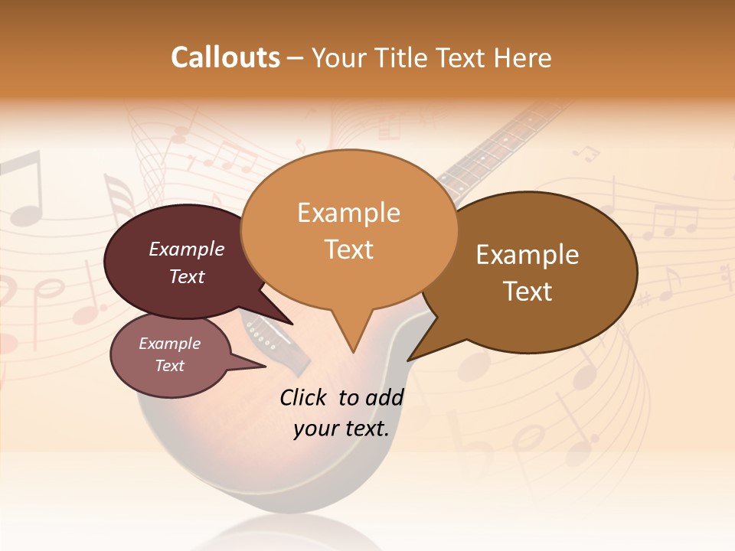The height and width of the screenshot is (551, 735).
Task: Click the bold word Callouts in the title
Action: pos(225,57)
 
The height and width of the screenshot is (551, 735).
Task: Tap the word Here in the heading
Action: pos(522,57)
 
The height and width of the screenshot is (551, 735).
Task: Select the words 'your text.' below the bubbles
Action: pos(341,429)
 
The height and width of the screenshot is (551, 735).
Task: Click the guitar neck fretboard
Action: pos(490,161)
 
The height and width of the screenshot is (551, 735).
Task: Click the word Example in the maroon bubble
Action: pos(186,249)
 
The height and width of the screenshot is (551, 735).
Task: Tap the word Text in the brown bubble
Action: pos(528,292)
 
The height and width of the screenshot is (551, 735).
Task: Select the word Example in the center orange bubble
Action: pos(348,212)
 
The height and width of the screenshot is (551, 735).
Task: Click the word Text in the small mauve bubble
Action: pos(169,366)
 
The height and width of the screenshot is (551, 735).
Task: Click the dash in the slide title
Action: pos(296,57)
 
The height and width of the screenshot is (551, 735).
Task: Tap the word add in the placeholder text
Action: pos(385,397)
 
